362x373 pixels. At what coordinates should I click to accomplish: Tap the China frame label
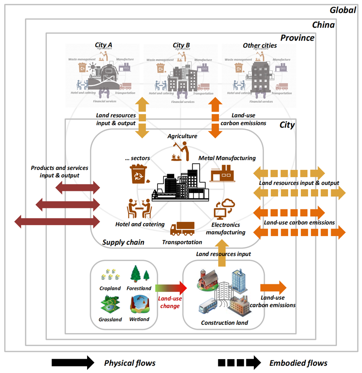pyautogui.click(x=323, y=25)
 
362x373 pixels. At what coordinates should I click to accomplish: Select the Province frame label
pyautogui.click(x=297, y=38)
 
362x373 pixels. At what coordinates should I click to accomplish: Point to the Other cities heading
pyautogui.click(x=260, y=45)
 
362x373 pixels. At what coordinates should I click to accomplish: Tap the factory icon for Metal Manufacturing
pyautogui.click(x=221, y=173)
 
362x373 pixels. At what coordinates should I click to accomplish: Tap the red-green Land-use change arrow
pyautogui.click(x=171, y=288)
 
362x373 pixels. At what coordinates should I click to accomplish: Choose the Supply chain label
pyautogui.click(x=123, y=242)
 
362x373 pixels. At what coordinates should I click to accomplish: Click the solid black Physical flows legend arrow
pyautogui.click(x=72, y=363)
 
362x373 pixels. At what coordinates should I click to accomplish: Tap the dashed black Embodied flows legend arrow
pyautogui.click(x=238, y=363)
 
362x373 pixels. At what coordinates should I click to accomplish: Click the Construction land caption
pyautogui.click(x=225, y=323)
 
